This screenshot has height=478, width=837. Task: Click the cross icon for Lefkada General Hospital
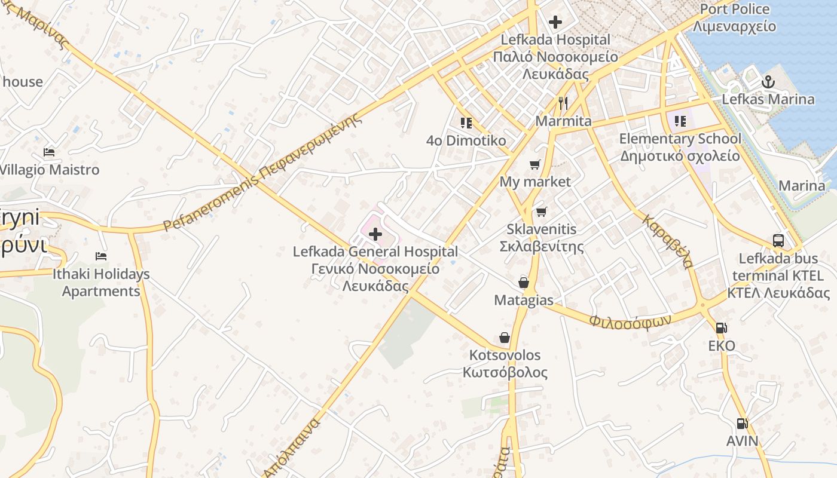pos(375,234)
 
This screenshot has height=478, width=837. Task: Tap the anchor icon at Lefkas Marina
pos(768,82)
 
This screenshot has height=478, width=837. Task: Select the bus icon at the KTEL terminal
pos(778,241)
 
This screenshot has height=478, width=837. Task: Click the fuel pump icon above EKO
pos(722,327)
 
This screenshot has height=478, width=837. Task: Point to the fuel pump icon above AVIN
pos(742,423)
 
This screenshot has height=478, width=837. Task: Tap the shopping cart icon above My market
pos(535,164)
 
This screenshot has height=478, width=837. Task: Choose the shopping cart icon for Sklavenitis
pos(542,212)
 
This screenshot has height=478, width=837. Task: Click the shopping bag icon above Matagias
pos(524,282)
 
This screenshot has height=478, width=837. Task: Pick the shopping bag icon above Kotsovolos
pos(505,338)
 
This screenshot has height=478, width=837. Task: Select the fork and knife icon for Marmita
pos(563,103)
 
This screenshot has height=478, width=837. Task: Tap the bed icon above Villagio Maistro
pos(49,152)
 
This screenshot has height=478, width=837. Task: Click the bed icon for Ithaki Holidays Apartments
pos(101,256)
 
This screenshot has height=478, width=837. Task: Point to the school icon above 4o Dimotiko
pos(466,123)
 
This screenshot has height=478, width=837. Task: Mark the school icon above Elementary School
pos(680,121)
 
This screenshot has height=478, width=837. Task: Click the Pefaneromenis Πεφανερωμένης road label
pos(263,173)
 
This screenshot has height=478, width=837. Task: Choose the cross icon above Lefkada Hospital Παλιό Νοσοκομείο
pos(555,23)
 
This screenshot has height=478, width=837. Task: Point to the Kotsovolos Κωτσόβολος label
pos(505,364)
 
